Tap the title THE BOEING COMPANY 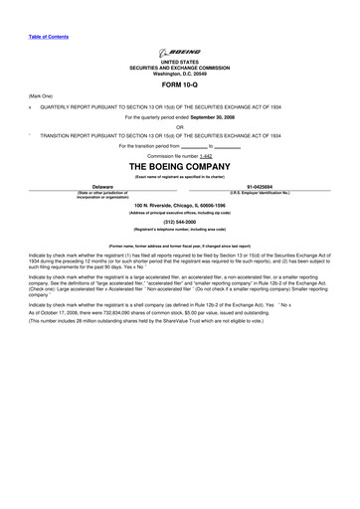(x=179, y=166)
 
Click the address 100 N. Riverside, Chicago (x=179, y=205)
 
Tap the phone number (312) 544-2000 (x=179, y=223)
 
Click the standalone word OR (x=179, y=125)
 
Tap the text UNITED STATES (x=179, y=62)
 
